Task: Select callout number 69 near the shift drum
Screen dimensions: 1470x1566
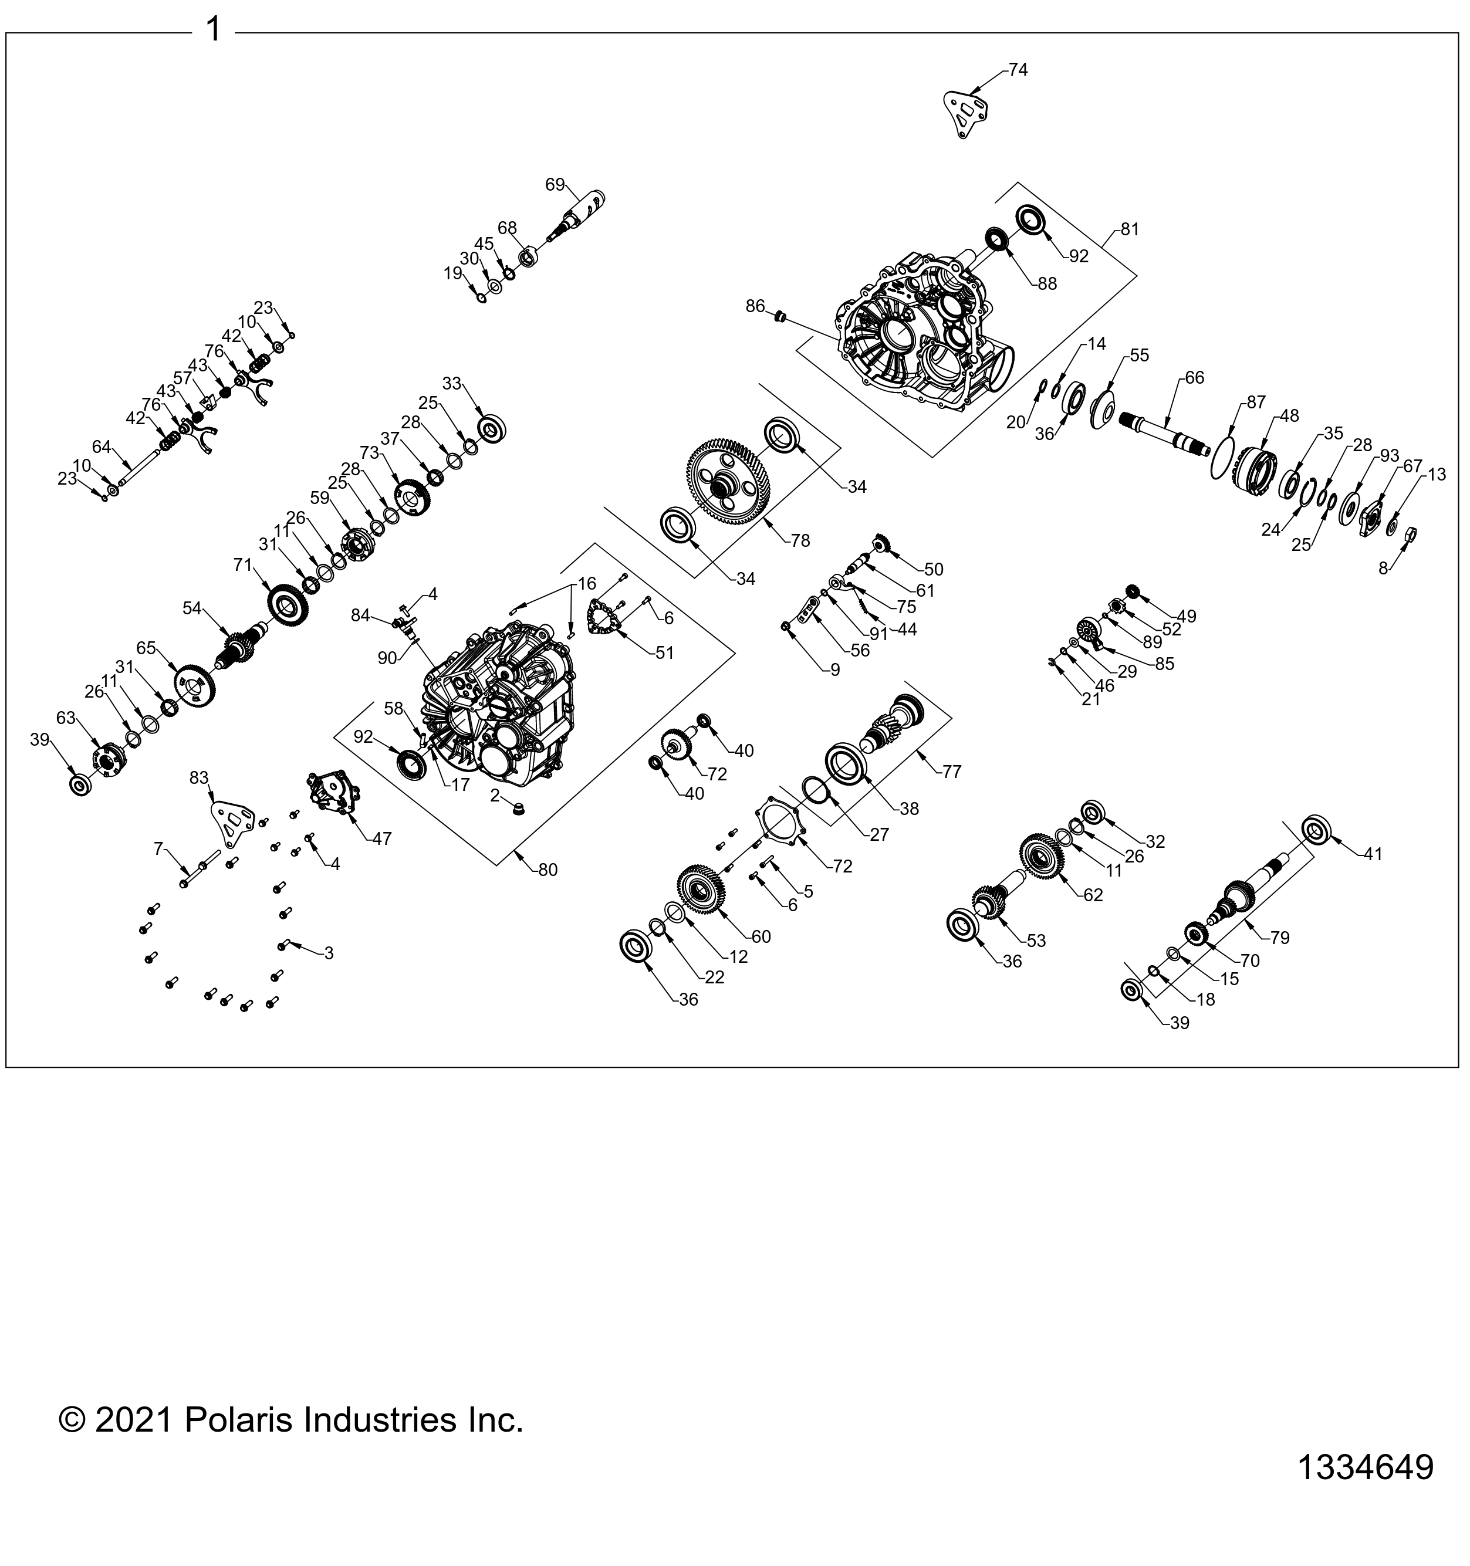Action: pyautogui.click(x=555, y=184)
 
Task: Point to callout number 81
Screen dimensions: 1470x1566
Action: pyautogui.click(x=1130, y=229)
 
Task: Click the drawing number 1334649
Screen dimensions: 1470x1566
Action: pyautogui.click(x=1365, y=1467)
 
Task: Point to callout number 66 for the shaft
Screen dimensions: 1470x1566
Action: pyautogui.click(x=1194, y=377)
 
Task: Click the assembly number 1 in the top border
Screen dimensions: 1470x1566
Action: pyautogui.click(x=212, y=30)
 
